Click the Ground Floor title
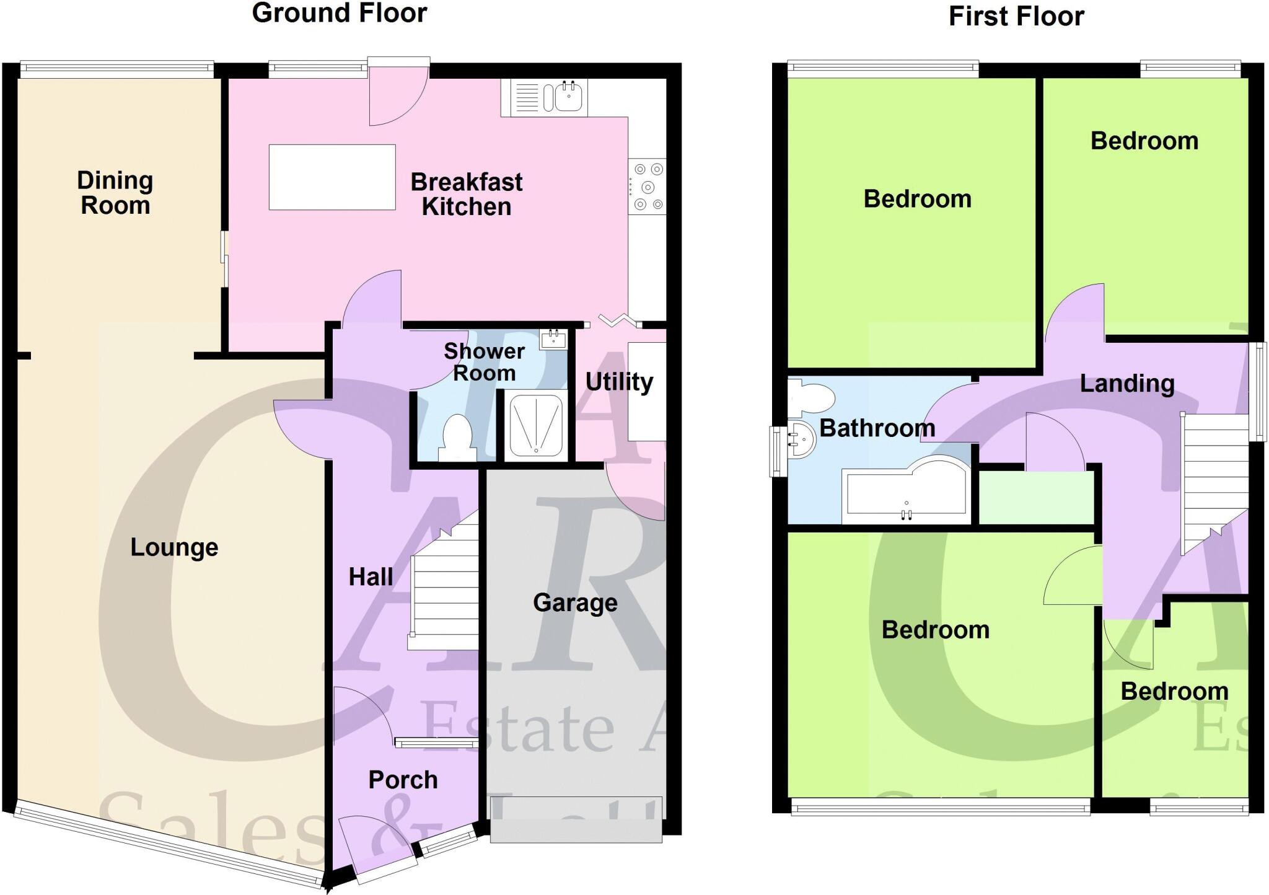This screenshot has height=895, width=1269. click(339, 14)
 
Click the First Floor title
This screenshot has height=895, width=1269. click(1016, 17)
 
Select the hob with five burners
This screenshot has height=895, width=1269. click(647, 187)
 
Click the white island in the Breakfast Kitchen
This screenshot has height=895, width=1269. click(332, 177)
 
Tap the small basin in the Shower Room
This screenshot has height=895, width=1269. click(552, 339)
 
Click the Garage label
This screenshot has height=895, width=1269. click(575, 602)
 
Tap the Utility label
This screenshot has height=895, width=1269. click(619, 382)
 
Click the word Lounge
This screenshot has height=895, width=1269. click(174, 547)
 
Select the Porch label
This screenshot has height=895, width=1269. click(403, 780)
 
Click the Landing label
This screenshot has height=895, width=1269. click(1126, 384)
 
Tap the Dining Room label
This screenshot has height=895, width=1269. click(115, 193)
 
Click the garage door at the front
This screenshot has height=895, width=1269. click(576, 819)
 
